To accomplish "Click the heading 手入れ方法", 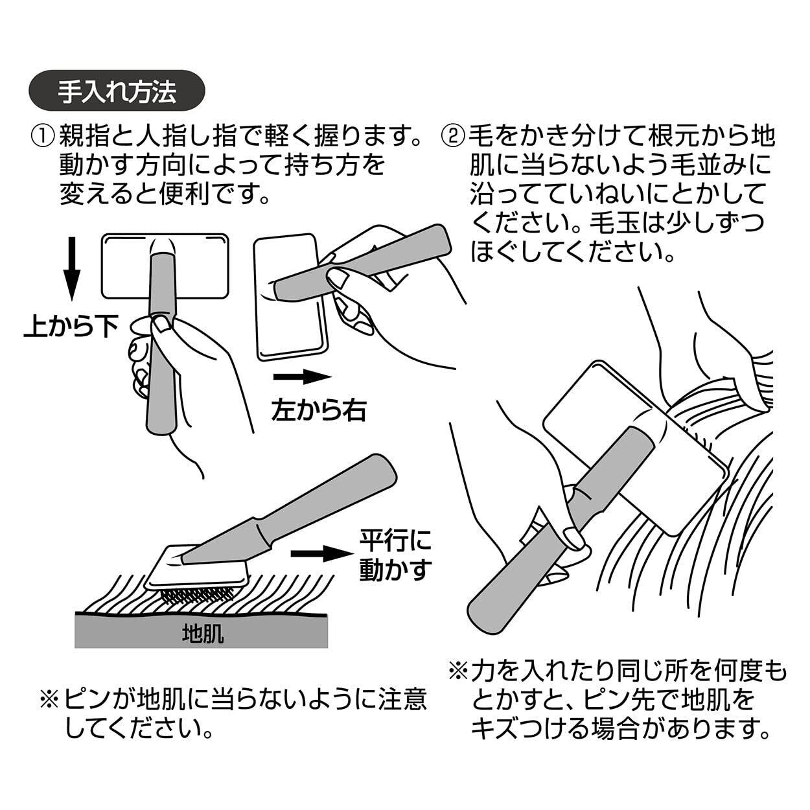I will click(117, 93).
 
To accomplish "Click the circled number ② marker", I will click(454, 137).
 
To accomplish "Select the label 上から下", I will click(71, 327).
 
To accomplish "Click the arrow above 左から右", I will click(302, 377).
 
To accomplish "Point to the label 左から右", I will click(319, 410).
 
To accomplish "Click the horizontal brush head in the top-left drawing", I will click(166, 266).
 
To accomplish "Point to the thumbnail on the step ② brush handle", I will click(573, 538).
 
